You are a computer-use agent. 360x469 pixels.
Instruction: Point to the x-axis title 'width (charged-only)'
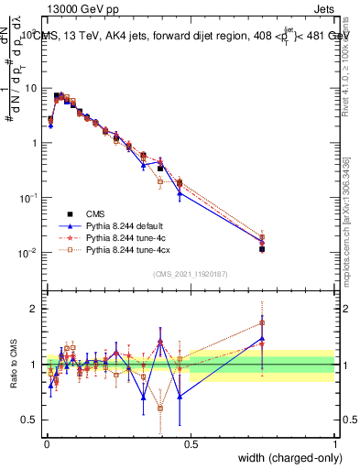(x=284, y=459)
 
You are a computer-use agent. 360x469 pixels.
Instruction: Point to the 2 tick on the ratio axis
(x=35, y=309)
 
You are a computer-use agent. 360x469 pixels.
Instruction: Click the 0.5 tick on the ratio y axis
(x=31, y=420)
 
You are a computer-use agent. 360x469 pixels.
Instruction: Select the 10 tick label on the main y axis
(x=31, y=88)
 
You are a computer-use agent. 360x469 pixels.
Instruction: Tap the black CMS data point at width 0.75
(x=262, y=248)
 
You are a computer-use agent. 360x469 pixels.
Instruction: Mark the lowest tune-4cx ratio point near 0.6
(x=160, y=408)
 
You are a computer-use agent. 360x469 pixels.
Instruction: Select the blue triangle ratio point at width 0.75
(x=262, y=339)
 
